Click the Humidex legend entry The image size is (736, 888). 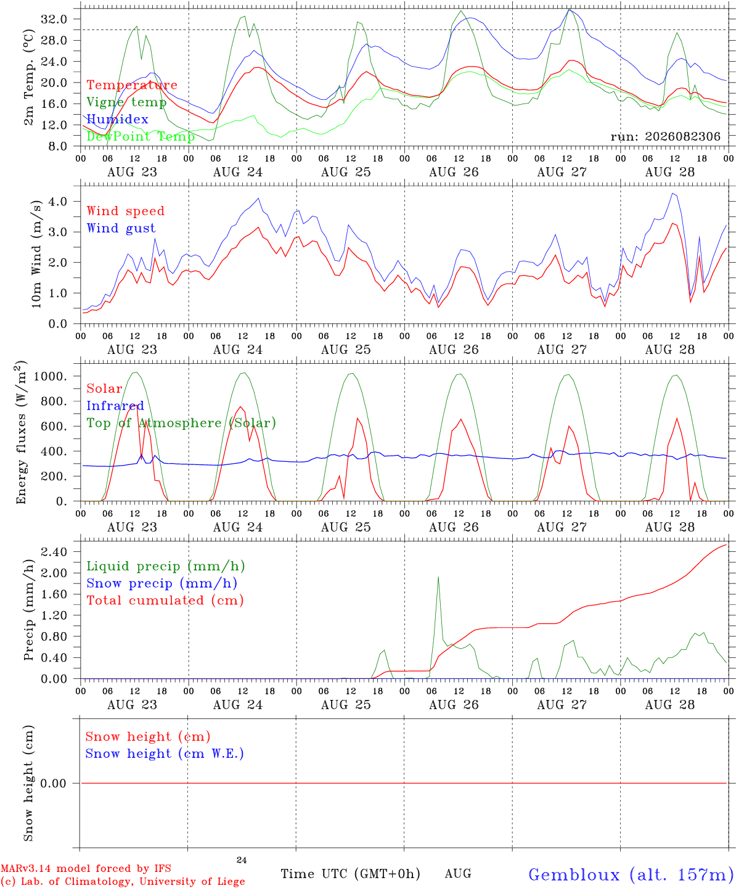point(117,119)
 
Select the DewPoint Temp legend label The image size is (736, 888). point(141,136)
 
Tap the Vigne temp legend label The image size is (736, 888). point(126,102)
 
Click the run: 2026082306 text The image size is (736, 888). point(665,136)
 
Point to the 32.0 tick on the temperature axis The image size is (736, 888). point(54,19)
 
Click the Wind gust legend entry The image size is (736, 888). point(121,228)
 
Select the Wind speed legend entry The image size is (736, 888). point(125,211)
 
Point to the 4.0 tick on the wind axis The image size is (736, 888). point(58,201)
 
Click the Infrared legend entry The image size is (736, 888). point(115,406)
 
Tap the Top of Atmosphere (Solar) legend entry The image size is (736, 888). point(181,423)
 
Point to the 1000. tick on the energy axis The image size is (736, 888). point(50,376)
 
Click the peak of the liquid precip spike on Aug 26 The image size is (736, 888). point(438,577)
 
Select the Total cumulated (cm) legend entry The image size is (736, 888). point(165,600)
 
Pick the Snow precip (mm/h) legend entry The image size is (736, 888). point(162,583)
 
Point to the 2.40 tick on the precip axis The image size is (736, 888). point(54,551)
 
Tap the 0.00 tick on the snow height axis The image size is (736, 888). point(53,783)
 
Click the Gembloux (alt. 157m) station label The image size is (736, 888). point(631,874)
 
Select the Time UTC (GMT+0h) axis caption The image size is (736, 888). point(350,874)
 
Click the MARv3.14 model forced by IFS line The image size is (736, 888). point(86,868)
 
